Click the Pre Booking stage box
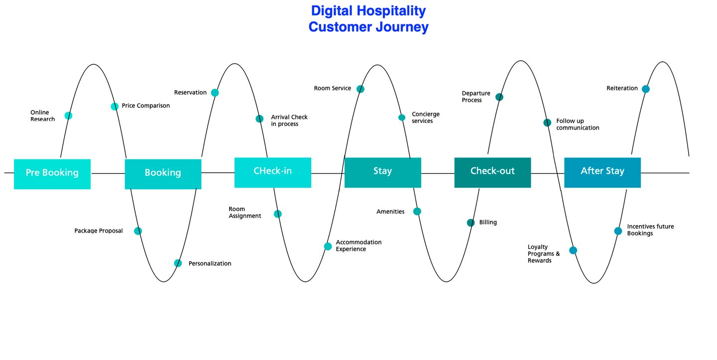coord(52,174)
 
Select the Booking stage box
coord(163,174)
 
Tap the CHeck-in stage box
coord(273,172)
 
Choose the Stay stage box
coord(382,172)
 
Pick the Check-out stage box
coord(492,172)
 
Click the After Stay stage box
coord(602,172)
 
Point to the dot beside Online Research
coord(68,116)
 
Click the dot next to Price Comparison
coord(115,106)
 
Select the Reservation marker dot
coord(215,93)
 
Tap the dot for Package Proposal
coord(138,231)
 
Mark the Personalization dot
coord(178,263)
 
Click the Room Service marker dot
coord(360,89)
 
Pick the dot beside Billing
coord(471,223)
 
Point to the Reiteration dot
coord(645,89)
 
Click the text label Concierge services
coord(426,118)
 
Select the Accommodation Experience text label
coord(358,245)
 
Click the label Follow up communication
coord(578,124)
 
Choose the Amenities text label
coord(390,212)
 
